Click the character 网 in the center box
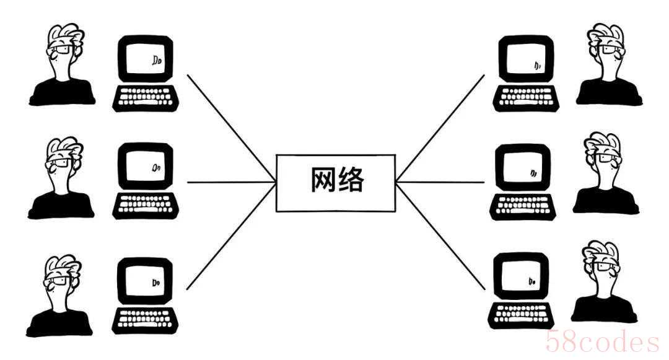point(322,182)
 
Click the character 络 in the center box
point(351,182)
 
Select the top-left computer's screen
point(145,61)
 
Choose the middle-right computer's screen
point(524,171)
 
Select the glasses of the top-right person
point(610,51)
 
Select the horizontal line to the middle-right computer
point(440,182)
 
